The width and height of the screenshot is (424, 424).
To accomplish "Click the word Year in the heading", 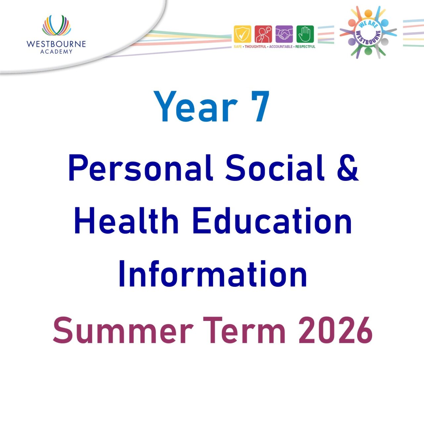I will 195,107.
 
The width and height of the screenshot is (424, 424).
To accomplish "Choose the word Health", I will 126,221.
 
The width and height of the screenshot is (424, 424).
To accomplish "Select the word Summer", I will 123,331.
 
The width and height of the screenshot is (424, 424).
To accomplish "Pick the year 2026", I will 335,331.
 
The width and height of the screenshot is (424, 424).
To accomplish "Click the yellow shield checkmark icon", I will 242,34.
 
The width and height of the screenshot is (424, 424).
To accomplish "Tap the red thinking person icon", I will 263,34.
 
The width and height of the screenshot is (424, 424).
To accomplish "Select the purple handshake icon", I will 284,34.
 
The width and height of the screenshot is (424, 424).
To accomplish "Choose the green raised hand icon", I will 305,34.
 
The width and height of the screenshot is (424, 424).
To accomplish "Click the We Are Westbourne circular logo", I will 368,32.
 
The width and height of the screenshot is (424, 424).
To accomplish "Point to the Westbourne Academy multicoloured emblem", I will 56,26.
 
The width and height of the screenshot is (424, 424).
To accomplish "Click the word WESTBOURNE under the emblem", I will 56,44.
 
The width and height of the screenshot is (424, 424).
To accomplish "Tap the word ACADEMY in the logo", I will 56,51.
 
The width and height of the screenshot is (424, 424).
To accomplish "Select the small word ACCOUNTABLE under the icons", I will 281,47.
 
